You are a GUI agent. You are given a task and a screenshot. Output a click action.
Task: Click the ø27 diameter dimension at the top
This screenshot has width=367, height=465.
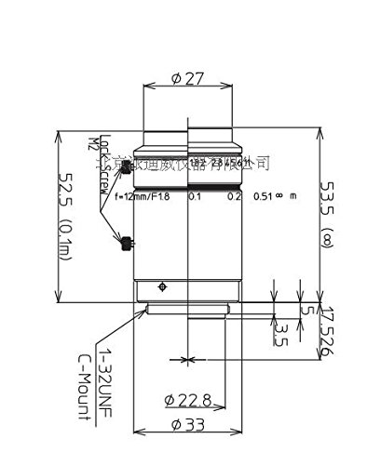point(188,79)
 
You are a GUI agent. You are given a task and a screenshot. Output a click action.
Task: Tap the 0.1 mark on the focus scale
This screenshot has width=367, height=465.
point(196,197)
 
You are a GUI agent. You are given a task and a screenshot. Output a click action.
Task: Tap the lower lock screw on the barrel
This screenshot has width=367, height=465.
point(124,245)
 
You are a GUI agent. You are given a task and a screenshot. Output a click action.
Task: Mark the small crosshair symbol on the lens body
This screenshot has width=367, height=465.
point(164,285)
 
